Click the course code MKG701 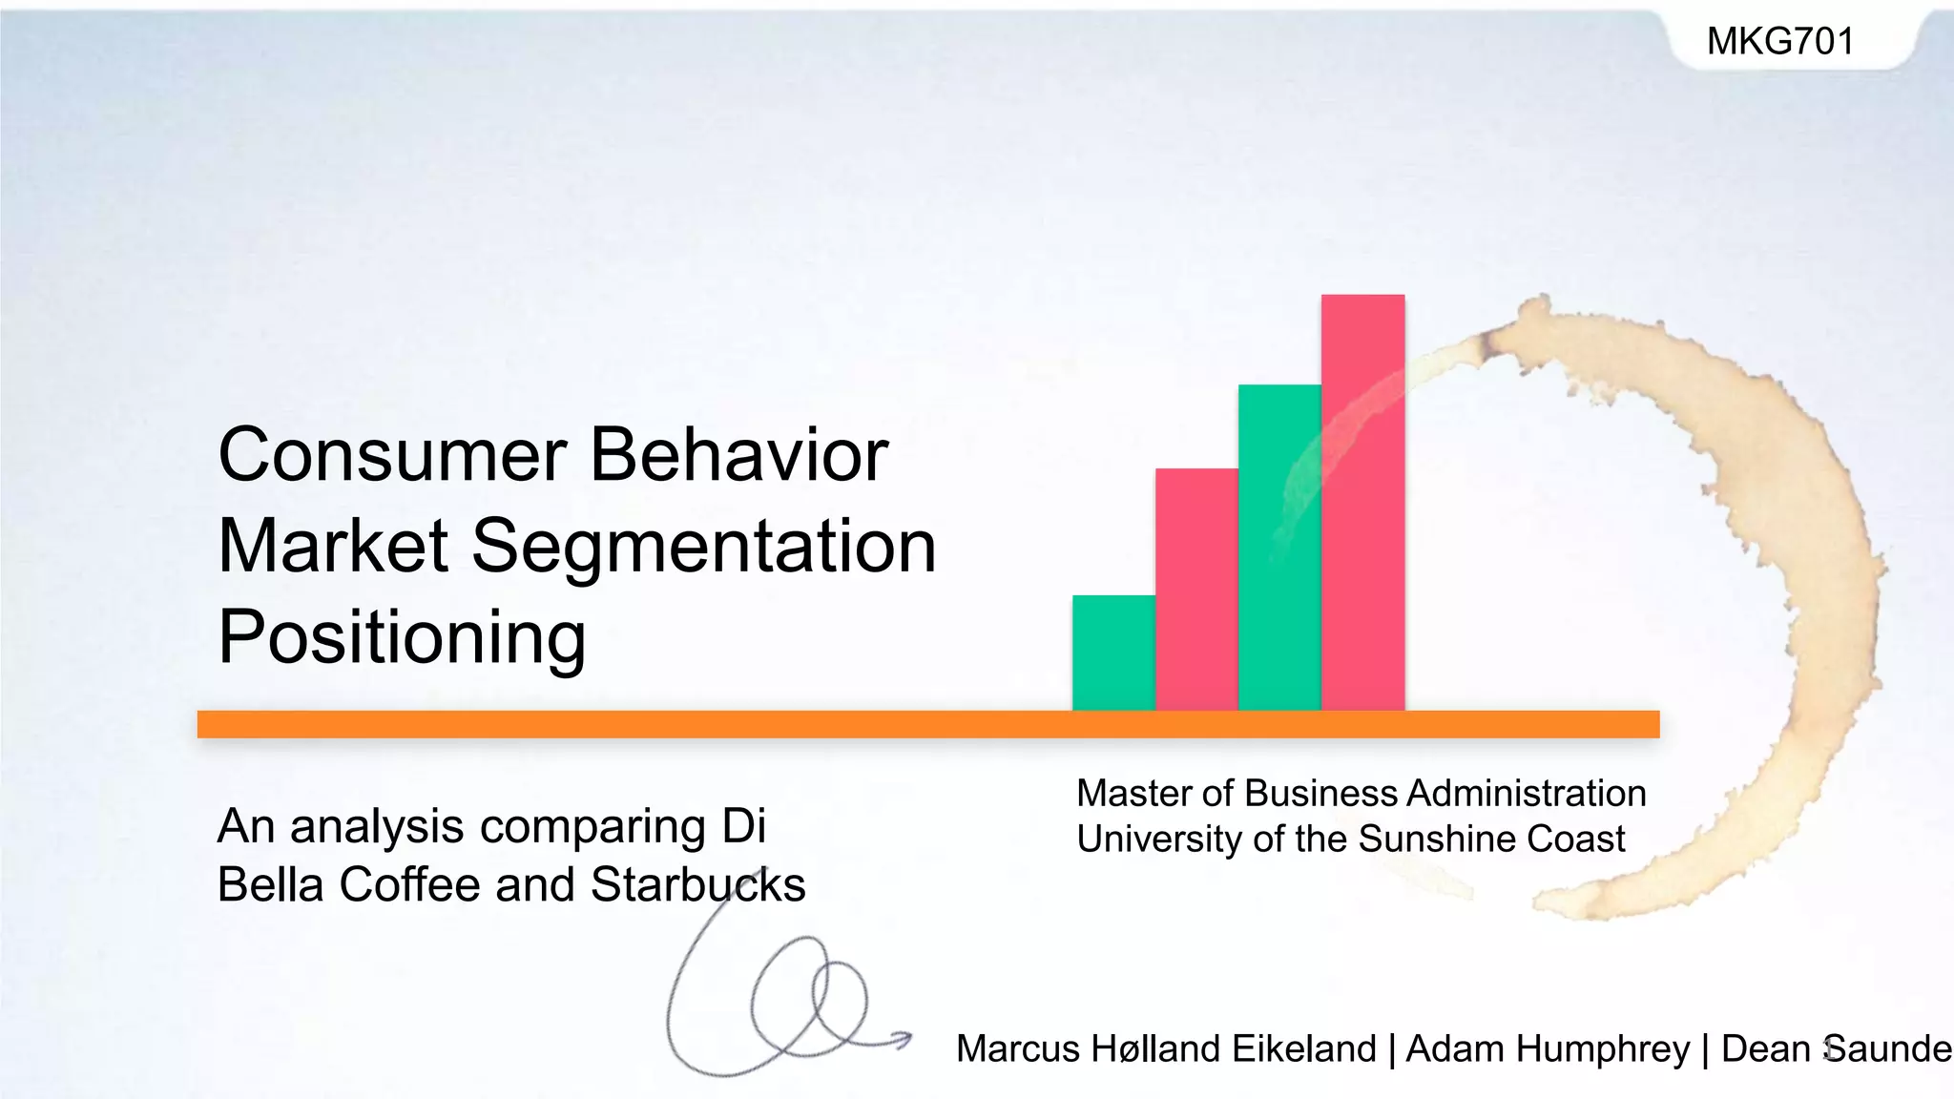click(1780, 41)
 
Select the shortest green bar click(1113, 653)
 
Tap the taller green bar click(1279, 548)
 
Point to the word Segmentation click(703, 547)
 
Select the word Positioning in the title click(402, 638)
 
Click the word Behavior click(739, 455)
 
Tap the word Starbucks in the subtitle click(697, 884)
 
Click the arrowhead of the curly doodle click(903, 1039)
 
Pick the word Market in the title click(333, 547)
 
